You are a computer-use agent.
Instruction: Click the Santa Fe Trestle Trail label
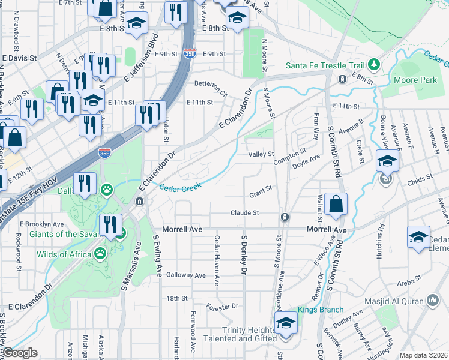(x=325, y=65)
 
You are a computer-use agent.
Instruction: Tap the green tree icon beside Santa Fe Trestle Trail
(x=373, y=64)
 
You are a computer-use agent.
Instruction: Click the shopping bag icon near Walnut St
(x=336, y=204)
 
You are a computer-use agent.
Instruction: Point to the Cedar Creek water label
(x=179, y=187)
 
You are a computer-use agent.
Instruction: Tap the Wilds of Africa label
(x=66, y=254)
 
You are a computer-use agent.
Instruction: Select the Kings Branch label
(x=321, y=310)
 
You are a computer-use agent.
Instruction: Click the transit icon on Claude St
(x=285, y=216)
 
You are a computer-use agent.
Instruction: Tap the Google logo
(x=19, y=353)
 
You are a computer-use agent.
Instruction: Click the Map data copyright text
(x=424, y=355)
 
